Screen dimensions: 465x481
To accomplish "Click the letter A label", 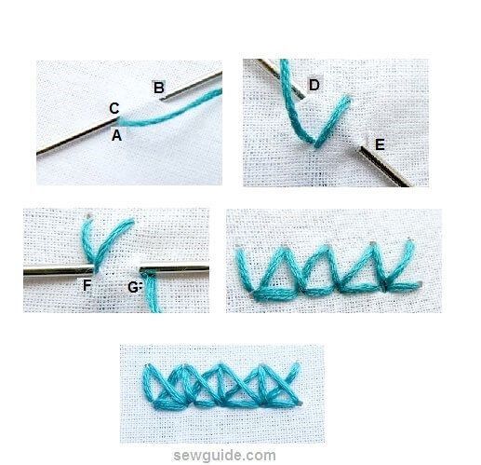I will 116,135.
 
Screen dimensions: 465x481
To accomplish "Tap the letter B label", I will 159,88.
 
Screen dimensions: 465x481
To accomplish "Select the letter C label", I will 114,109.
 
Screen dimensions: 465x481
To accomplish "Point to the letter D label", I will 314,86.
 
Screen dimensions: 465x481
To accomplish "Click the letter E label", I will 378,145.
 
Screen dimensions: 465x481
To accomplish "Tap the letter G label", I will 133,286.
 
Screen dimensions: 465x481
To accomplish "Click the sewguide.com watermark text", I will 239,455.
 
